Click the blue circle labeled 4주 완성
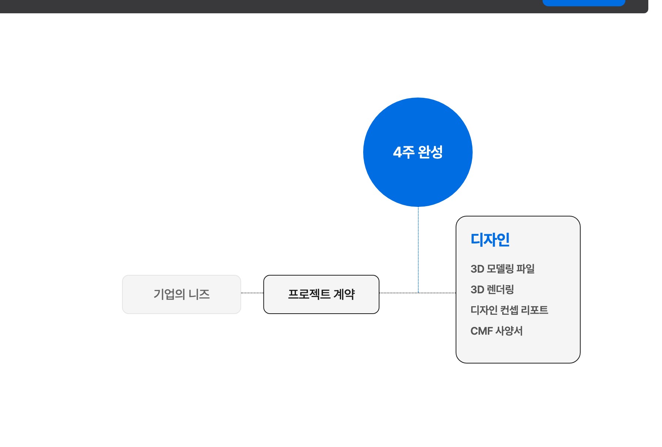coord(418,152)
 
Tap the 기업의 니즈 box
coord(182,294)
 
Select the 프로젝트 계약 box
coord(321,294)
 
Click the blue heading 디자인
coord(490,240)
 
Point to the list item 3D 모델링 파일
coord(503,269)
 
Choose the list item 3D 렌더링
coord(492,290)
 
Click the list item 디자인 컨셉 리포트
coord(509,310)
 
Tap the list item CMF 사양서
coord(497,331)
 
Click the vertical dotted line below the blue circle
coord(418,250)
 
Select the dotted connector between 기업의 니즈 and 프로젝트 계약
coord(252,293)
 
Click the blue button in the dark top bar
coord(584,3)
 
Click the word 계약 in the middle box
coord(344,294)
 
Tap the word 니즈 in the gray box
coord(199,294)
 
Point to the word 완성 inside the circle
coord(430,152)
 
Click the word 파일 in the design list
coord(526,269)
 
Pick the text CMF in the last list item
coord(482,331)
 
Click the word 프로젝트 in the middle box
coord(309,294)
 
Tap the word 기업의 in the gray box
coord(169,294)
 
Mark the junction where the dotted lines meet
coord(418,293)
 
